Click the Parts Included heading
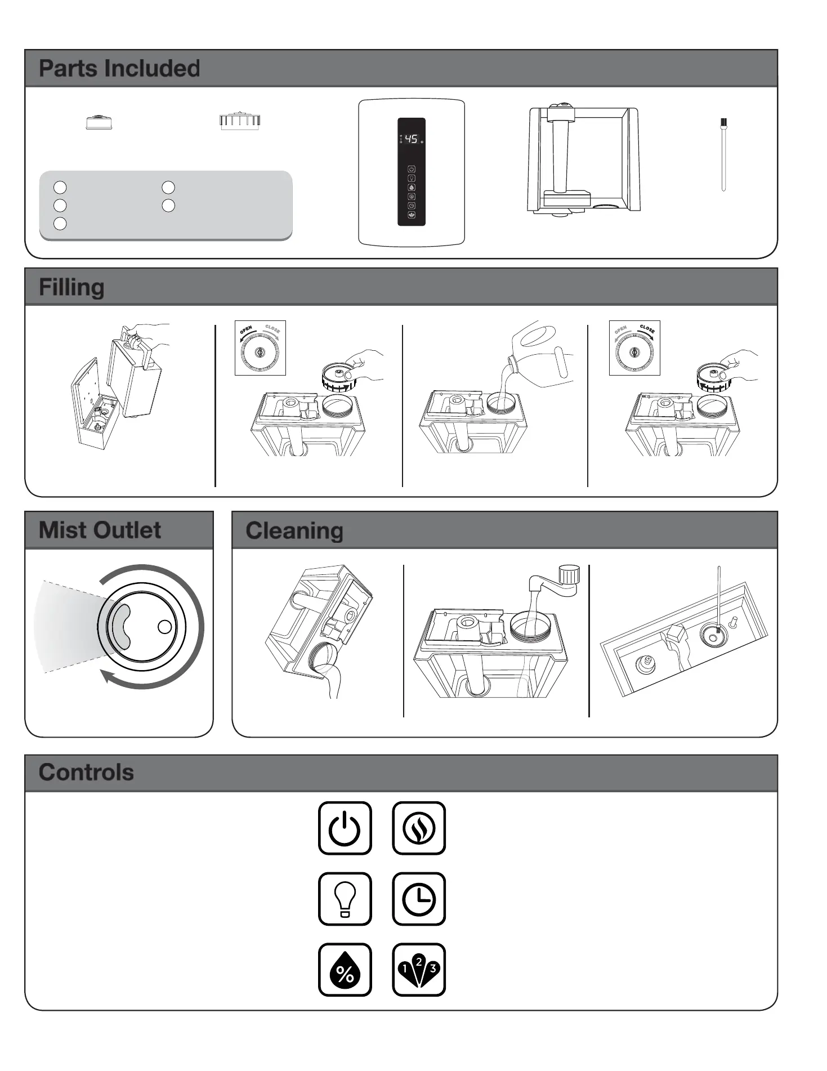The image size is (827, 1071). tap(119, 68)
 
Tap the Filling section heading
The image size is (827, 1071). tap(71, 287)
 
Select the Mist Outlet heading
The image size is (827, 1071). tap(100, 530)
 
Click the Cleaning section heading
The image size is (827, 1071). tap(294, 531)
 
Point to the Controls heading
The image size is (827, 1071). tap(86, 773)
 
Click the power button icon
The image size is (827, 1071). tap(345, 828)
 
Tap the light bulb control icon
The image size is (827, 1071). tap(345, 899)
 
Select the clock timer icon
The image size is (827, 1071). tap(419, 899)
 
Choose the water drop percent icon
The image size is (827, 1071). tap(345, 970)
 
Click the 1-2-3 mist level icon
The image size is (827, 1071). tap(419, 970)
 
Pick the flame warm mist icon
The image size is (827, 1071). tap(419, 828)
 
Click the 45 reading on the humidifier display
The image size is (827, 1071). tap(412, 139)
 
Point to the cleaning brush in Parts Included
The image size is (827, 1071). tap(723, 155)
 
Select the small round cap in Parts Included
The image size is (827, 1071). tap(99, 122)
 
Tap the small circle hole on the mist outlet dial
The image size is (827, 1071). tap(164, 627)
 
